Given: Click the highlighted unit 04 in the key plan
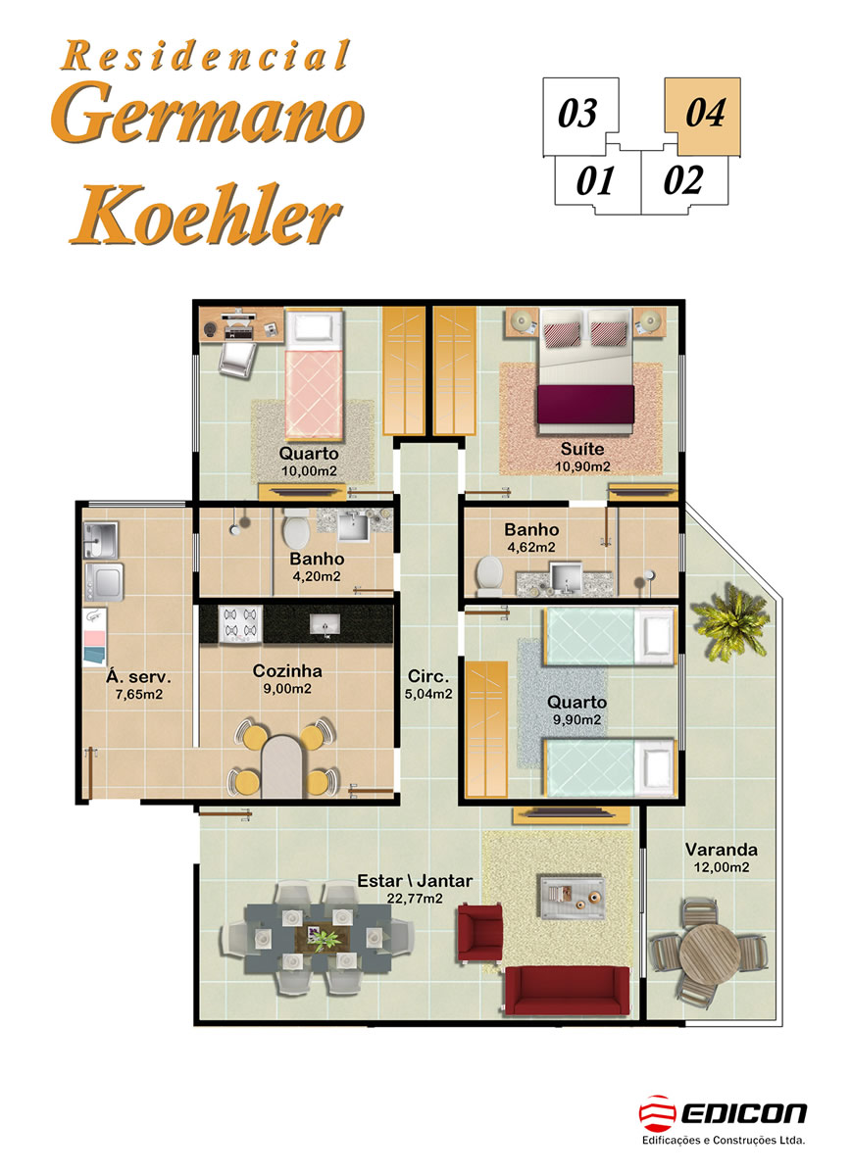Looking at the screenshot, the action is (703, 113).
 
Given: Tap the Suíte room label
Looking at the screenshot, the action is (582, 449).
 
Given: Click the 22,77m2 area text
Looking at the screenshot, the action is (415, 900).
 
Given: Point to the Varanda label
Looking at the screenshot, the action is (722, 850).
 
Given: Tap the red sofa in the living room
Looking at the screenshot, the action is (567, 991).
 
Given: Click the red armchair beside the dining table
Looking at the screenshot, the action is (479, 932).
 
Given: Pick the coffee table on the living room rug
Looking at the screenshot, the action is (573, 897).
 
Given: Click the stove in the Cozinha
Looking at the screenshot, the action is (240, 625).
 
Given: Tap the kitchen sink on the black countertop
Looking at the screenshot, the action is (325, 624).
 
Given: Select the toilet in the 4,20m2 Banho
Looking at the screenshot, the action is (296, 529).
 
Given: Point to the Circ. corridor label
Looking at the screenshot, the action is (428, 676).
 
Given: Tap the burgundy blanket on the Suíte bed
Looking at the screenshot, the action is (586, 406).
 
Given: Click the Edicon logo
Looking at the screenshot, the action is (723, 1119).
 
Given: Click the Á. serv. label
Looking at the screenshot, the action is (138, 677).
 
